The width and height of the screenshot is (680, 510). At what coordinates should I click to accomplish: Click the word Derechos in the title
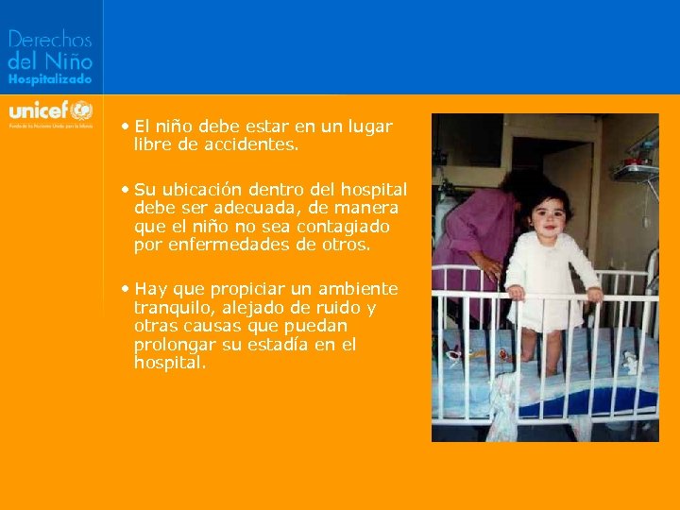(50, 40)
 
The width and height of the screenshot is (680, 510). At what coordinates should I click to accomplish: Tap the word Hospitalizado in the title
(50, 81)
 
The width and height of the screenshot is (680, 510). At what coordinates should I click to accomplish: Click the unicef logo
(50, 108)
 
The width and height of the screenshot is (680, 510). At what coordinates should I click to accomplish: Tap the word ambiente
(351, 289)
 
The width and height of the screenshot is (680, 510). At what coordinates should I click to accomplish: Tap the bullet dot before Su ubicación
(126, 190)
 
